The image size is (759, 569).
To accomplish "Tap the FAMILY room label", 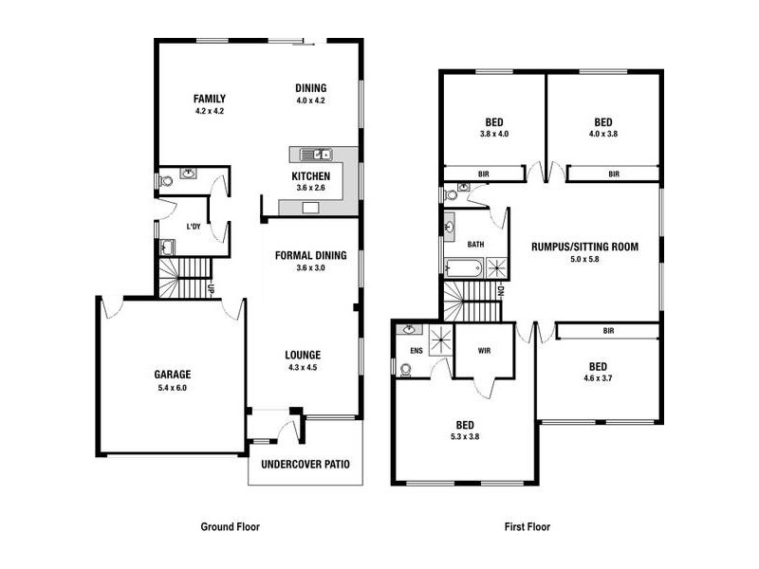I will coord(209,99).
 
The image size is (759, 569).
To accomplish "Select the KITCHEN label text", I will coord(311,176).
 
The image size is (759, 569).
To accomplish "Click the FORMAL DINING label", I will coord(311,255).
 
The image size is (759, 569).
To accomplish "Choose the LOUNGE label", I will coord(303,356).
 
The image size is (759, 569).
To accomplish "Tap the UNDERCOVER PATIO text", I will coord(305,465).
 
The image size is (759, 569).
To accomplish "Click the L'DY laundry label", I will coord(194,227).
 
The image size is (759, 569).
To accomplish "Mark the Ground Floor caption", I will coord(230,526).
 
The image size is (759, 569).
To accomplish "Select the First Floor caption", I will coord(527,526).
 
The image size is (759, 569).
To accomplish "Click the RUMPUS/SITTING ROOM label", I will coord(584,247).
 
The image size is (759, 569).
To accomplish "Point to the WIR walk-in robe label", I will coord(484,350).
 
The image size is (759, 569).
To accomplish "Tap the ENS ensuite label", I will coord(416,350).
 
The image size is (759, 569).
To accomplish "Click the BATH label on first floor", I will coord(475,244).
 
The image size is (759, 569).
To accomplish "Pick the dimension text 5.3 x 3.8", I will coord(465,438).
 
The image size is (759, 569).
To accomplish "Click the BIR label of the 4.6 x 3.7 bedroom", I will coord(607,331).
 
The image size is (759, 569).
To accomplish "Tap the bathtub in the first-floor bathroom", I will coord(465,267).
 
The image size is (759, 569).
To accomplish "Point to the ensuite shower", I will coord(440,340).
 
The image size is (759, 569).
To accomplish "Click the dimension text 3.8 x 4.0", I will coord(494,135).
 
